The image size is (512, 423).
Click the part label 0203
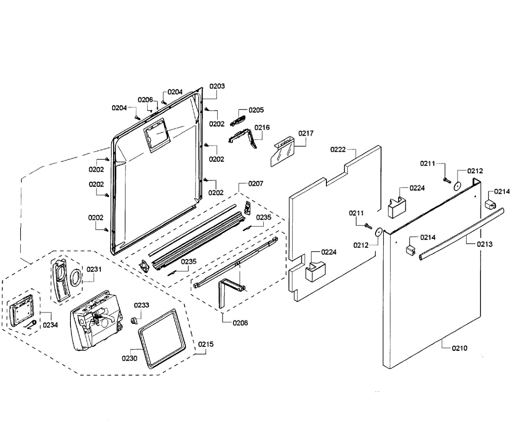[217, 86]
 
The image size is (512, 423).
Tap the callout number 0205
[256, 110]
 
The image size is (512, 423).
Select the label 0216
[262, 127]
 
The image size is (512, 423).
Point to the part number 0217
[306, 133]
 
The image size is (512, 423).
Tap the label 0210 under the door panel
[460, 348]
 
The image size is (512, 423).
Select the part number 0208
[240, 323]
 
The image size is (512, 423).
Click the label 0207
[256, 184]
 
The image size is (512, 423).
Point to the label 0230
[130, 358]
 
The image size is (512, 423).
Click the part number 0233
[142, 305]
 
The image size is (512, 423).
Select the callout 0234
[50, 325]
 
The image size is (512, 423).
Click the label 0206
[145, 100]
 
